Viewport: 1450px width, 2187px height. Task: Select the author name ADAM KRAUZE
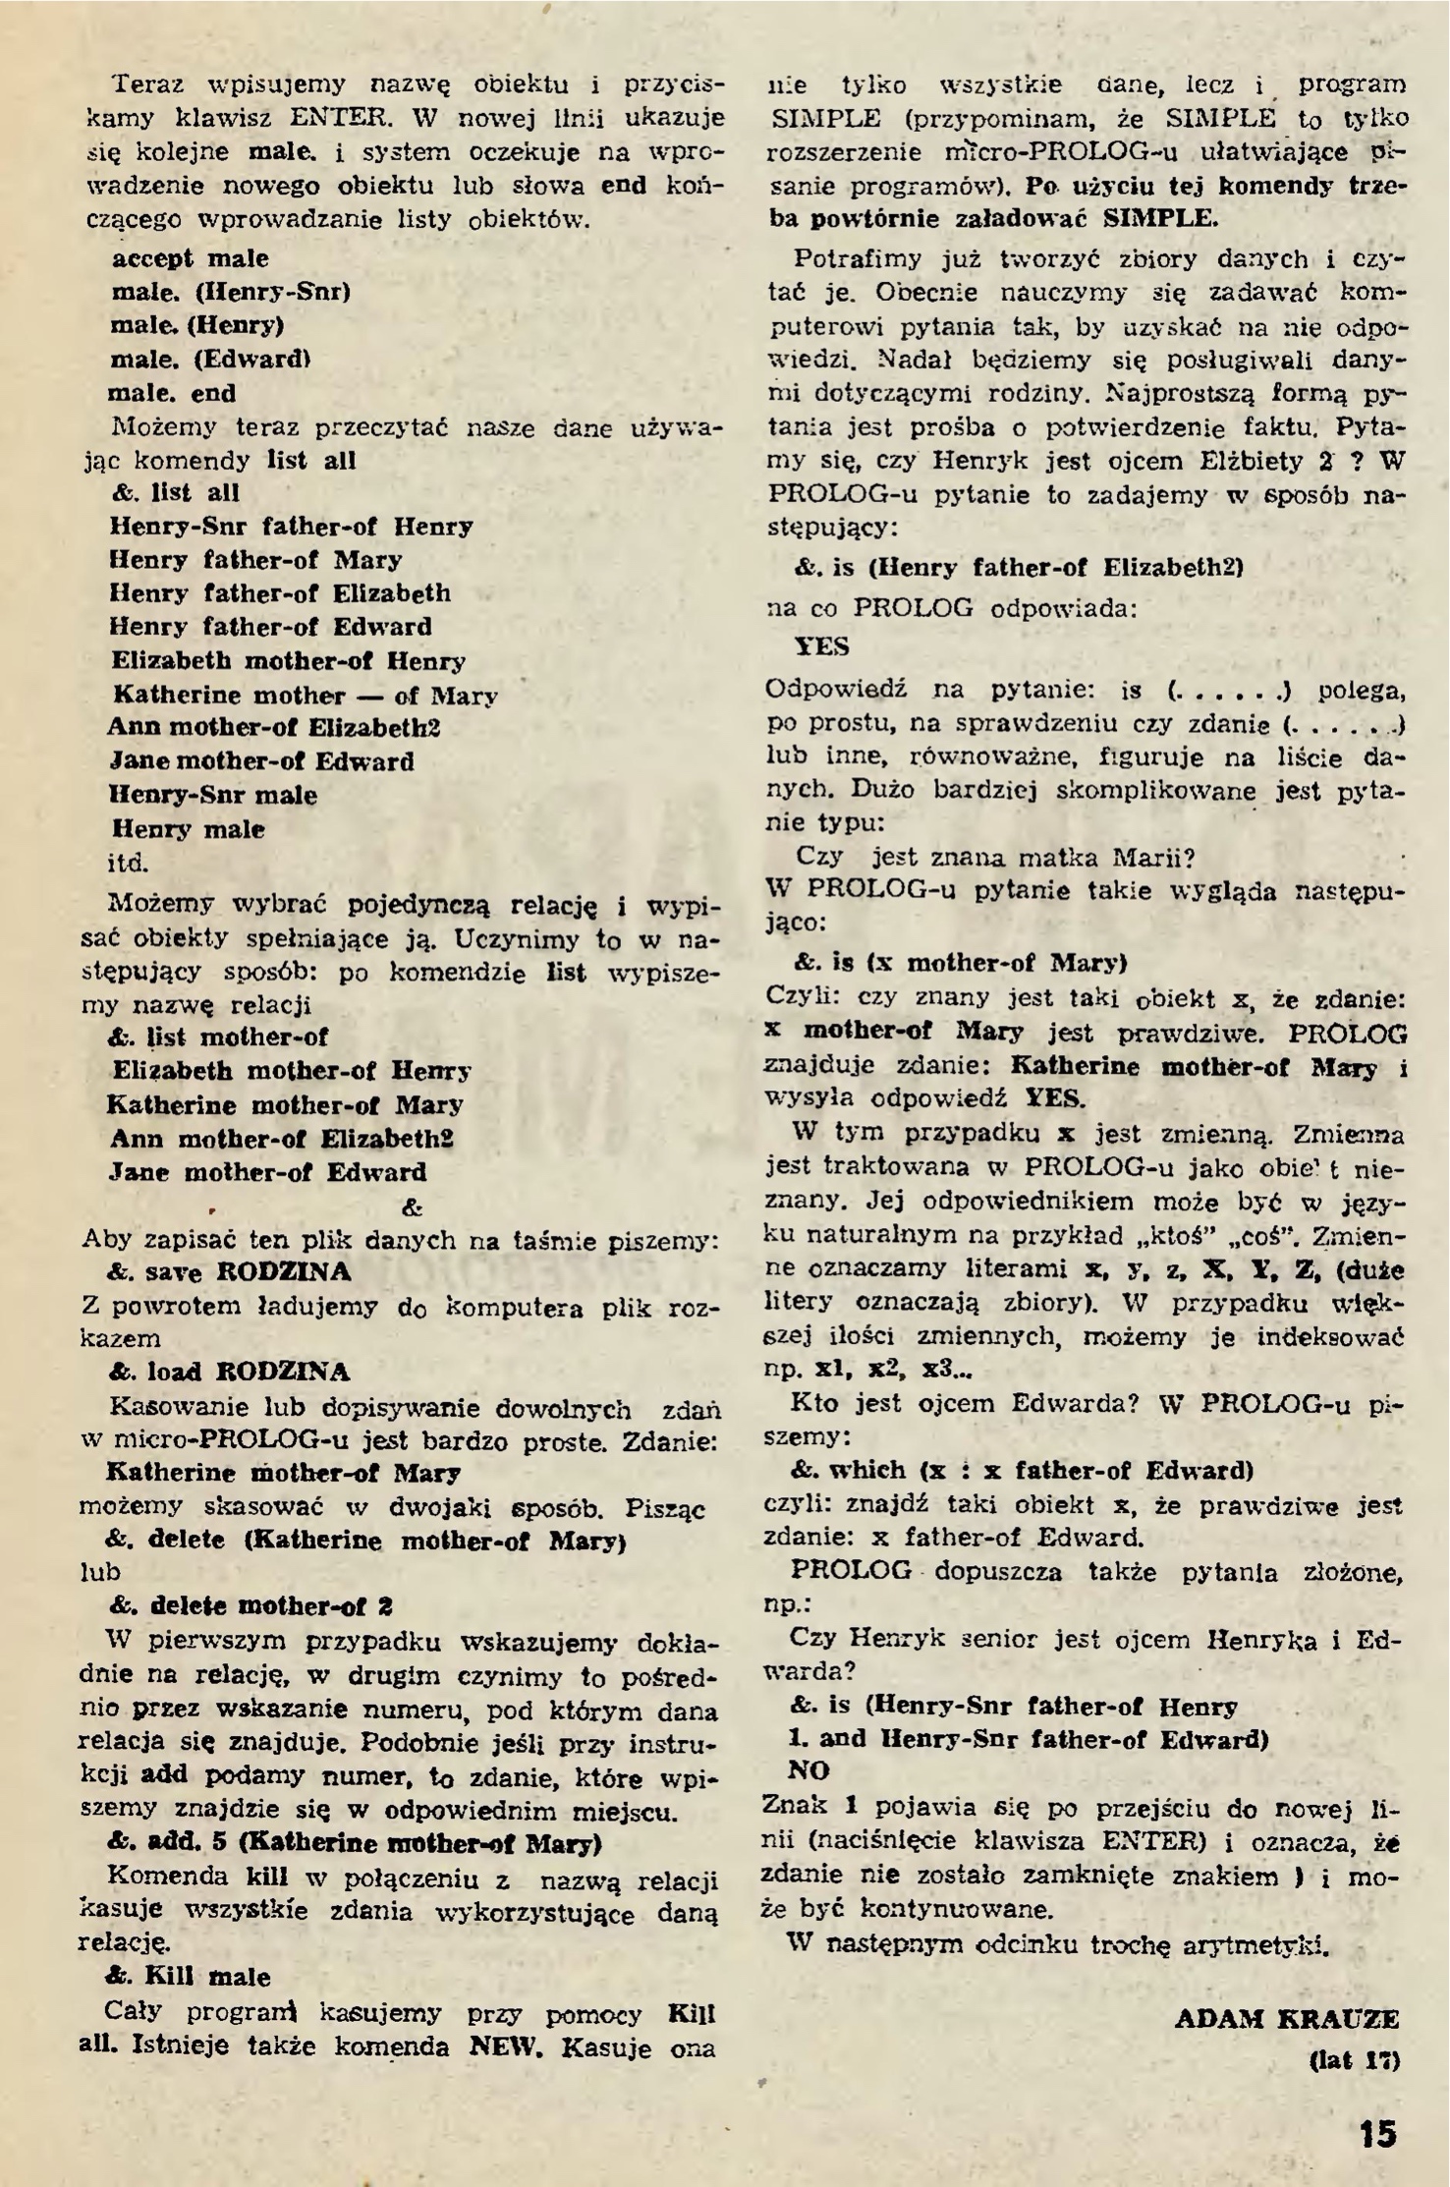coord(1286,2018)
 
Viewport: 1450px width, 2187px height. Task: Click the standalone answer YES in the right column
coord(821,646)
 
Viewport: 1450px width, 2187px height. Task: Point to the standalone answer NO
coord(809,1769)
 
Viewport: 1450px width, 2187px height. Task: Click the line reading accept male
coord(191,258)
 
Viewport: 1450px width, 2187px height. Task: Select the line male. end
coord(173,393)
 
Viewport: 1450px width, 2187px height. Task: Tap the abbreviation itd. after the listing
coord(128,863)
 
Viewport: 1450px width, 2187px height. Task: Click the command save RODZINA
coord(228,1272)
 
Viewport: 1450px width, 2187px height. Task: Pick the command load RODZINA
coord(228,1372)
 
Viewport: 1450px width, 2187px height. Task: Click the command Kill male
coord(188,1976)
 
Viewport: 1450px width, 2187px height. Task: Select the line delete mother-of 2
coord(251,1606)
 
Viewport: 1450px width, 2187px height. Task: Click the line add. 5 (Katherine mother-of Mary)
coord(354,1842)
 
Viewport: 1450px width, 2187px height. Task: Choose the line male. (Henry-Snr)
coord(231,292)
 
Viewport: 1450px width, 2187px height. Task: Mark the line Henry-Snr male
coord(213,795)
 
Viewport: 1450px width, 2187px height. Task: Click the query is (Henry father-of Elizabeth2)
coord(1020,568)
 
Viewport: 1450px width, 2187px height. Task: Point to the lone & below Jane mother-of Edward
coord(413,1206)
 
